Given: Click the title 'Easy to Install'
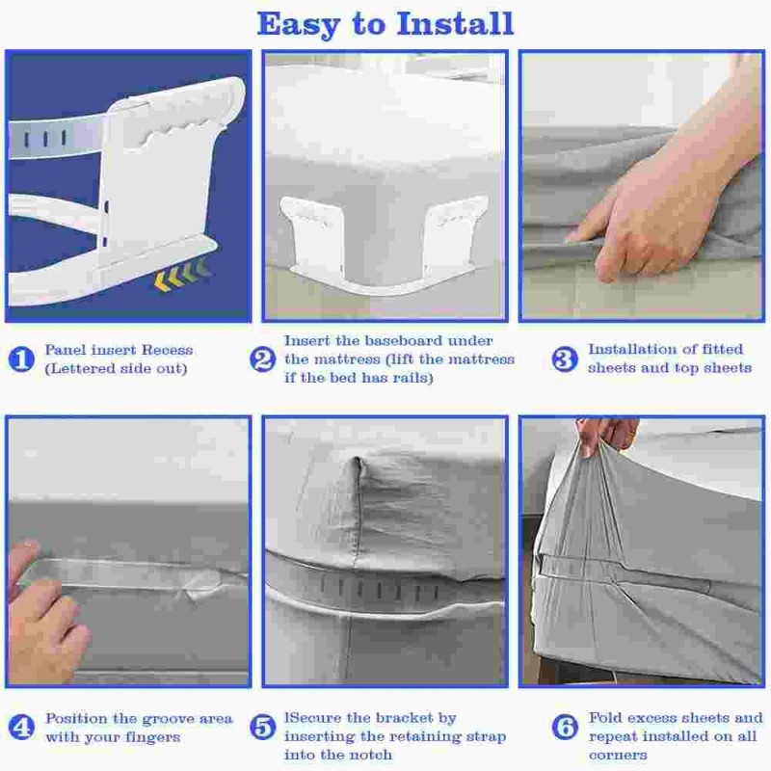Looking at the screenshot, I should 385,23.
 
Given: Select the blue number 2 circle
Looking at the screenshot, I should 263,359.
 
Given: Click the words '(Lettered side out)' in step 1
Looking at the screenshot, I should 117,368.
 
